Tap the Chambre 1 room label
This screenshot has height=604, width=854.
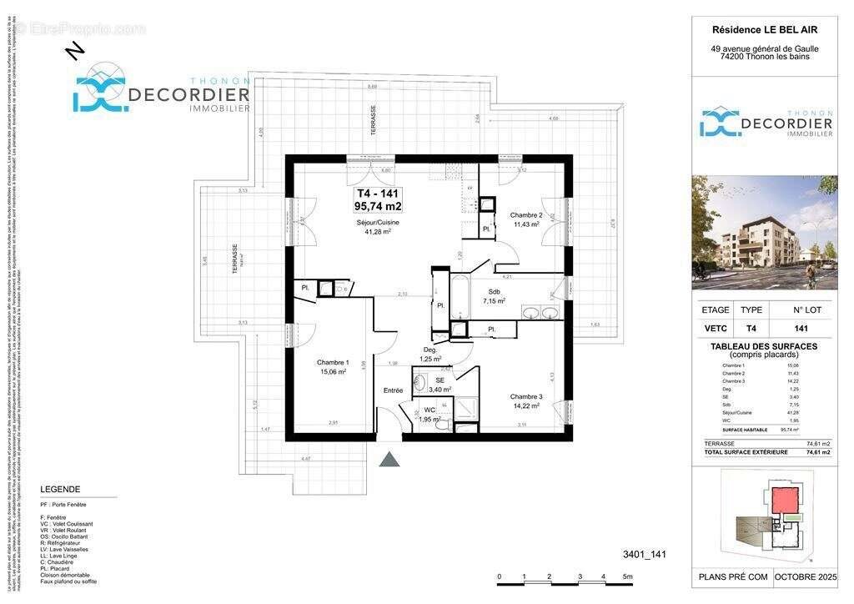coord(333,362)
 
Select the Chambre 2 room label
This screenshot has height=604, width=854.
coord(526,215)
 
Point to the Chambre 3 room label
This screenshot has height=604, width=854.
coord(526,396)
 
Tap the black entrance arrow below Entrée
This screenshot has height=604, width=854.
coord(389,459)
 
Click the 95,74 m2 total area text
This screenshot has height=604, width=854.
coord(379,205)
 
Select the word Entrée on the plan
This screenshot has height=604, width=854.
coord(393,390)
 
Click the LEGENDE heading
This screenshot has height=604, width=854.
coord(60,490)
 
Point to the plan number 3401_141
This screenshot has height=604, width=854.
coord(644,554)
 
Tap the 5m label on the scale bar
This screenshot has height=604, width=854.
coord(627,577)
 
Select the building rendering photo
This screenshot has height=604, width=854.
coord(765,233)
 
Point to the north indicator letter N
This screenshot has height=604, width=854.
coord(74,52)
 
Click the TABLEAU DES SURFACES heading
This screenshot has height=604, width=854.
coord(764,346)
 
